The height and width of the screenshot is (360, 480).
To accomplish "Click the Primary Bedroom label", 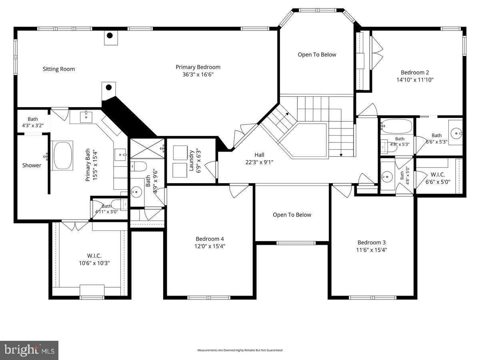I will pos(198,67).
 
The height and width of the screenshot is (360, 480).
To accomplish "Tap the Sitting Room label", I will pos(59,69).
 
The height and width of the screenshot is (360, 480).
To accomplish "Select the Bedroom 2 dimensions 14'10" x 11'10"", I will pos(414,80).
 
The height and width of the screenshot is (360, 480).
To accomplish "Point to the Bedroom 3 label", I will pos(372,242).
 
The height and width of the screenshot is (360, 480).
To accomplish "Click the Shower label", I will pos(32,165).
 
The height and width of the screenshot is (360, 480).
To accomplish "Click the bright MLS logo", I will pos(29,350).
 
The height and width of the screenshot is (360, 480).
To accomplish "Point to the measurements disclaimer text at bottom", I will pos(240,350).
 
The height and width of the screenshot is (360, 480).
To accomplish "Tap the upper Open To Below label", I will pos(317,55).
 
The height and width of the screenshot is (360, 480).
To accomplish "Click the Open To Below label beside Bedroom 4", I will pos(292,215).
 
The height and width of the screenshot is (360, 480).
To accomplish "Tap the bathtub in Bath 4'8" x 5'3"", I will pos(396,127).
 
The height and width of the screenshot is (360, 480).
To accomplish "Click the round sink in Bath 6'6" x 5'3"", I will pos(455,132).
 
